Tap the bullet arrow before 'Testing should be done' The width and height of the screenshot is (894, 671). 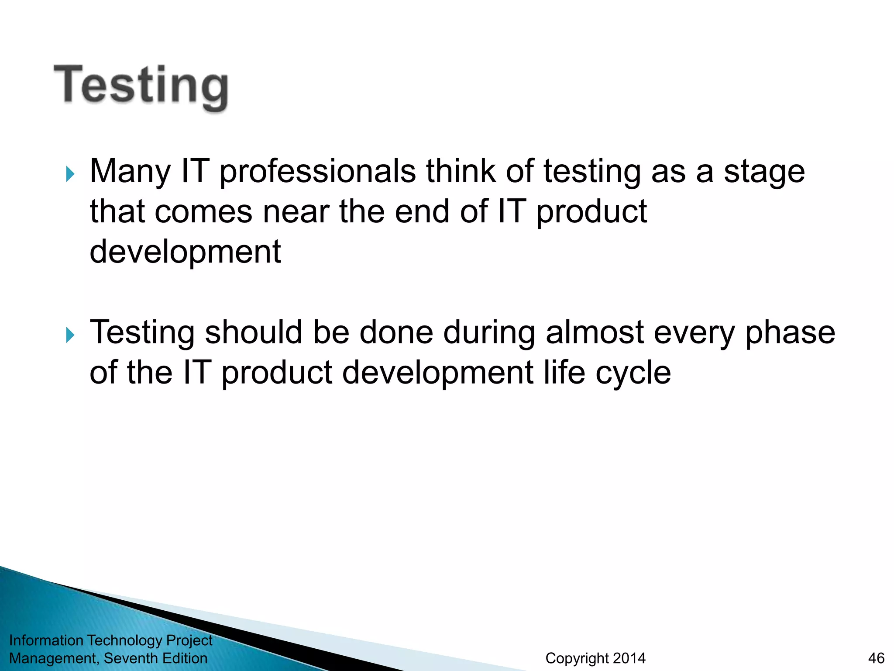[70, 335]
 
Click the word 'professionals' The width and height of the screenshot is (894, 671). [317, 171]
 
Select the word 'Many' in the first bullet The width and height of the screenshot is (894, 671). [130, 171]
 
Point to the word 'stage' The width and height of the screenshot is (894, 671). [764, 171]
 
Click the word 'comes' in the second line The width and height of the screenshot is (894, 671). [203, 211]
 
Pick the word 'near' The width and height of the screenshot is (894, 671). [296, 211]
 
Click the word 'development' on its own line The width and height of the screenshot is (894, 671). [185, 252]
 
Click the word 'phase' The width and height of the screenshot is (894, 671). [790, 333]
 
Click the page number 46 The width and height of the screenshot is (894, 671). [876, 658]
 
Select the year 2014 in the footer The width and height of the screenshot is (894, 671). [629, 658]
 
